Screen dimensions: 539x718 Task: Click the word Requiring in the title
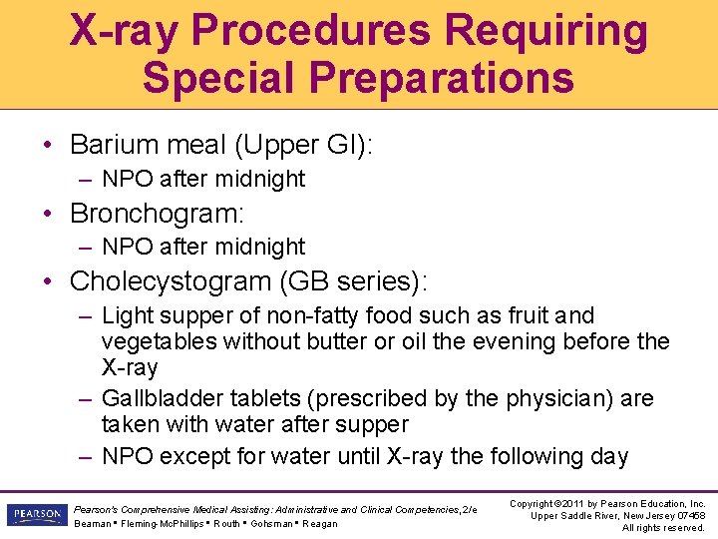(546, 31)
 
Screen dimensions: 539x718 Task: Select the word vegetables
(160, 341)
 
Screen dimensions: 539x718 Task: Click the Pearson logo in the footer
(35, 514)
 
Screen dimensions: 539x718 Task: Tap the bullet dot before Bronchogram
(49, 214)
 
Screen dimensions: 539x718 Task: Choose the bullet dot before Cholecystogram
(49, 281)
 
